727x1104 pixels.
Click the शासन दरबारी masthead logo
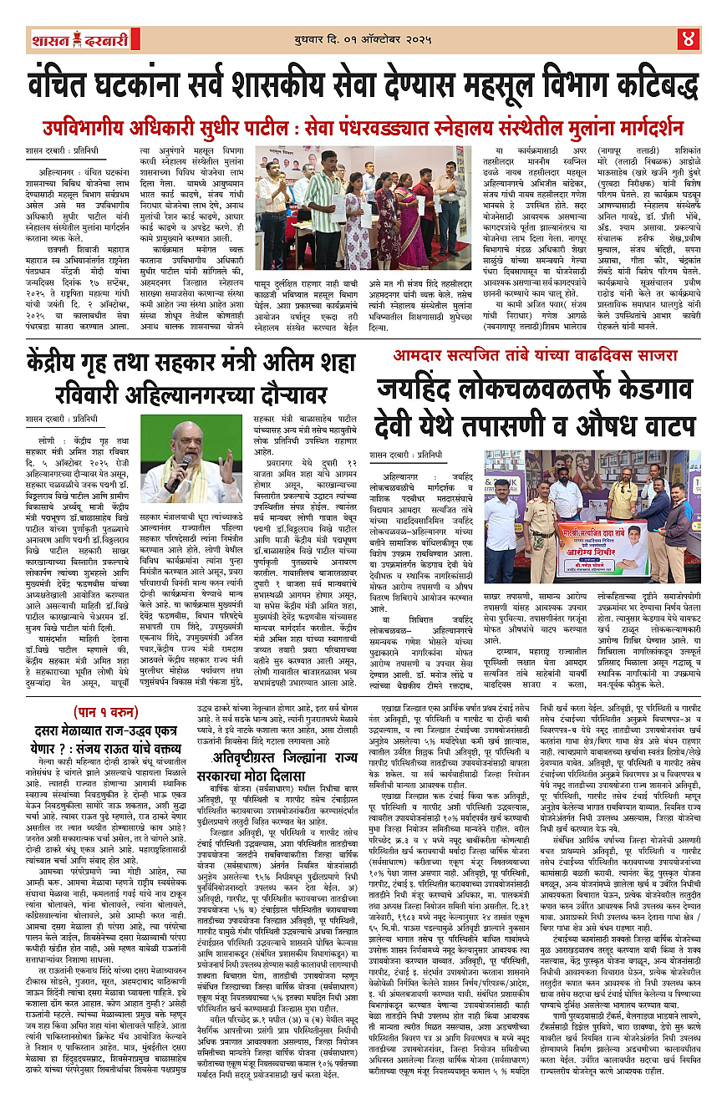pos(64,38)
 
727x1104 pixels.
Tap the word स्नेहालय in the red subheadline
pos(472,129)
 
